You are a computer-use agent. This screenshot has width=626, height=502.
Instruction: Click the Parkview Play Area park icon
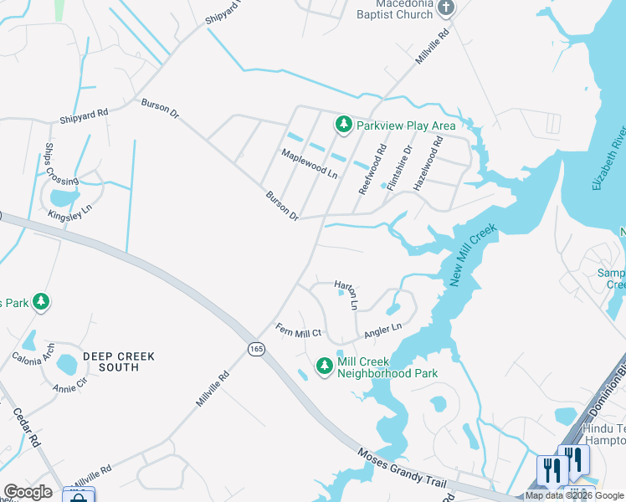coord(343,125)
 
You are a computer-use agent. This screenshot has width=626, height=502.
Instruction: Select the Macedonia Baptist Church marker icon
coord(446,8)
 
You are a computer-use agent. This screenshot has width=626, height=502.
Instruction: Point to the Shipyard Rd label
coord(84,116)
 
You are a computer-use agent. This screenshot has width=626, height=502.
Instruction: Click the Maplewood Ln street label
coord(309,163)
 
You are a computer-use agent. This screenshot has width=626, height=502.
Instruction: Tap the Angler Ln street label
coord(383,330)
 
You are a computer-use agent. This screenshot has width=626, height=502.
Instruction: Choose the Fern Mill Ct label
coord(299,331)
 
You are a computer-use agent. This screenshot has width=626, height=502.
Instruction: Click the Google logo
coord(28,492)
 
